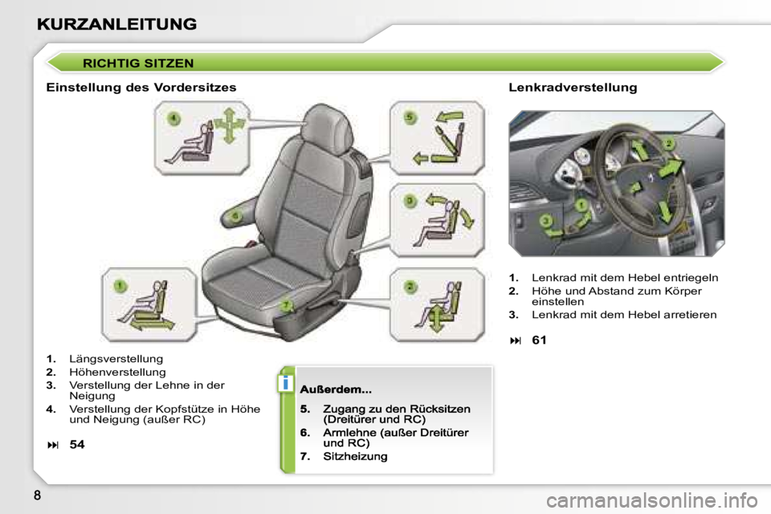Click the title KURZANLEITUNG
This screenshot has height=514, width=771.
point(117,24)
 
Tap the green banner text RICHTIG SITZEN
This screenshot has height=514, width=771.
point(138,63)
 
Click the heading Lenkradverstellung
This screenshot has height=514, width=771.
point(573,88)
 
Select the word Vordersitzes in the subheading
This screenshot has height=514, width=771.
point(195,87)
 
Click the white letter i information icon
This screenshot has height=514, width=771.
point(286,382)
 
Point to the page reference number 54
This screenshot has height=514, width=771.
point(77,445)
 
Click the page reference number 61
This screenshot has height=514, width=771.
point(540,341)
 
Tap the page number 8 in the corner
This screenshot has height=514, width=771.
point(38,496)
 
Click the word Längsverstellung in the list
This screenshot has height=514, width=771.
point(116,359)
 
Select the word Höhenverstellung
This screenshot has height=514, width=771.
point(117,373)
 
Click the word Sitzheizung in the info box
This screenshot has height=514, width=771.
point(355,456)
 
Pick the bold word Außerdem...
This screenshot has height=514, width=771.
point(336,390)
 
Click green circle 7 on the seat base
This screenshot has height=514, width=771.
point(286,306)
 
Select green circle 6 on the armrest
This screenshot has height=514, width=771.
point(235,215)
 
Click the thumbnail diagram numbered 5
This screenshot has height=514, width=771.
point(437,137)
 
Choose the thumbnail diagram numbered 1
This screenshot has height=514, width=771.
point(149,305)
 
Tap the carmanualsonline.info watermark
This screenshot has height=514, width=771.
point(652,500)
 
